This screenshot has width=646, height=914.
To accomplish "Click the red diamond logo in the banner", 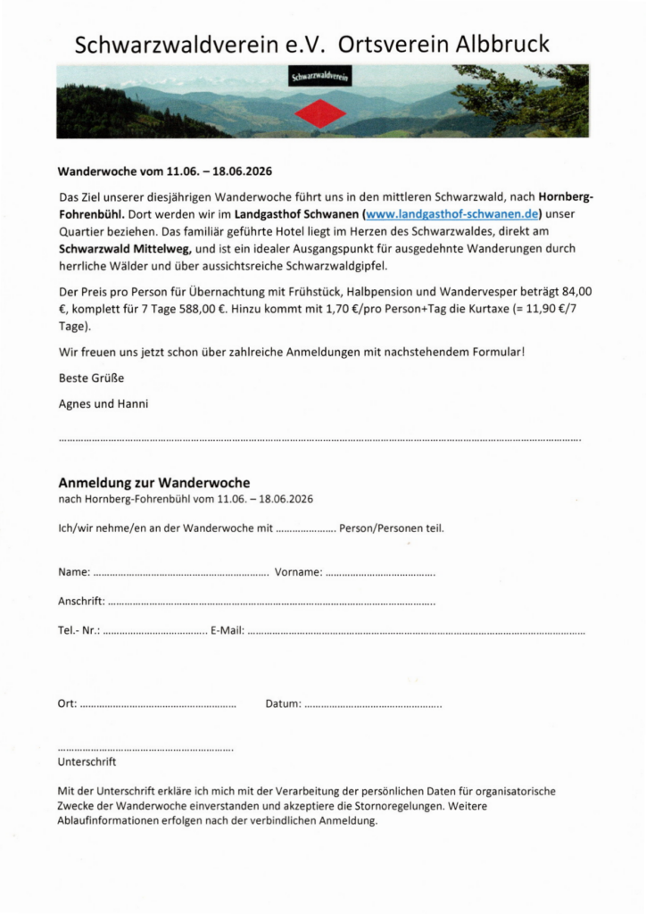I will coord(320,113).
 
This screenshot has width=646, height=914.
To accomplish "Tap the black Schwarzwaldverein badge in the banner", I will coord(320,79).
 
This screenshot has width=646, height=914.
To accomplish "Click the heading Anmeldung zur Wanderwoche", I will coord(153,483).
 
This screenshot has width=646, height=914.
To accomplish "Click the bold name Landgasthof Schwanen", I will coord(297,215).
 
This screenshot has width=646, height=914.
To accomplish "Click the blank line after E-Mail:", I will coord(416,631).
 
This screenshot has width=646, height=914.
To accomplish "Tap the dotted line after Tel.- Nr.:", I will coord(155,631).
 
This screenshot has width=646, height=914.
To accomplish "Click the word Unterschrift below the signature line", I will coord(87,762).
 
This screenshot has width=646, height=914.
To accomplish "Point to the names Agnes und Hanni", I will coord(104,403).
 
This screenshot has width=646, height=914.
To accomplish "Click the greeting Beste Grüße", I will coord(91,378).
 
